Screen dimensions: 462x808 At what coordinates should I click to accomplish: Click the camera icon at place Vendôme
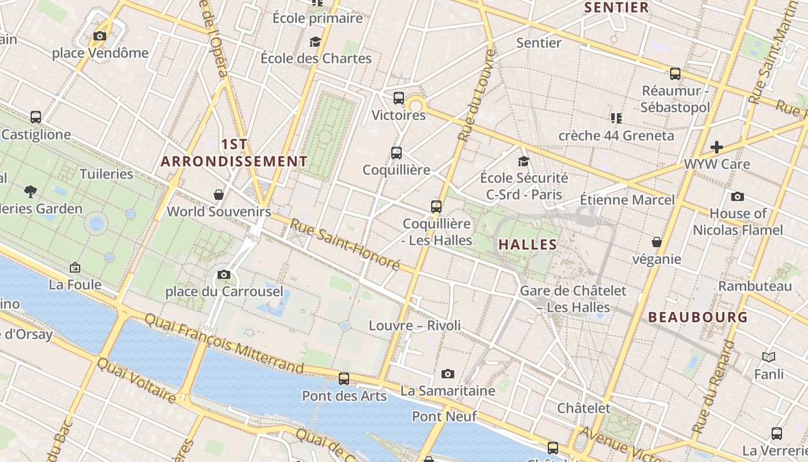point(99,36)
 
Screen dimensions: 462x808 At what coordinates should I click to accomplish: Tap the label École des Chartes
point(316,58)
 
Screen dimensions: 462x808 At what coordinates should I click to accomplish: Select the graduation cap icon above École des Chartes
point(315,42)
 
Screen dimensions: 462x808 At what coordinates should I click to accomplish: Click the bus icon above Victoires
point(399,98)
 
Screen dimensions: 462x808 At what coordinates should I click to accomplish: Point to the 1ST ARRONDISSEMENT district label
point(234,153)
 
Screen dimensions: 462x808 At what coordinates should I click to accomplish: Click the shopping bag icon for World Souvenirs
point(219,195)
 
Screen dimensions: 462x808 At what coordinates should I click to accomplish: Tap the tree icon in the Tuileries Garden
point(31,191)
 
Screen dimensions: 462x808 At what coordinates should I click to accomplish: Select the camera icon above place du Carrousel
point(224,275)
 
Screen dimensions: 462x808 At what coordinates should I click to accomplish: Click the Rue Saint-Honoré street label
point(345,244)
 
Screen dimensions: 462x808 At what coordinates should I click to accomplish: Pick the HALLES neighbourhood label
point(528,244)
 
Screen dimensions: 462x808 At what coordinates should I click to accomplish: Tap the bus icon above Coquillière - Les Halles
point(436,207)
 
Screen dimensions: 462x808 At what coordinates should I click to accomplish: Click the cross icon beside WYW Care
point(717,147)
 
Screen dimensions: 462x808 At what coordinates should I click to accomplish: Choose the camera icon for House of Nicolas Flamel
point(737,197)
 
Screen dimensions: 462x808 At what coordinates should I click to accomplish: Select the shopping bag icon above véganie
point(656,242)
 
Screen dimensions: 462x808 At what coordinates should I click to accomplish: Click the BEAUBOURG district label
point(698,317)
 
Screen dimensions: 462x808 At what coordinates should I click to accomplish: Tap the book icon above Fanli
point(769,357)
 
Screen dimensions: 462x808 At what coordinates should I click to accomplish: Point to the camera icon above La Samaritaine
point(447,374)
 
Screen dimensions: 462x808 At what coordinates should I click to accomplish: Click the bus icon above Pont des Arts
point(344,379)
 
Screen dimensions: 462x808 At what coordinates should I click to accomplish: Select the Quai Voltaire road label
point(136,381)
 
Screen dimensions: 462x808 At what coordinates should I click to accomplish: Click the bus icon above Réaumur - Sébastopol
point(675,74)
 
